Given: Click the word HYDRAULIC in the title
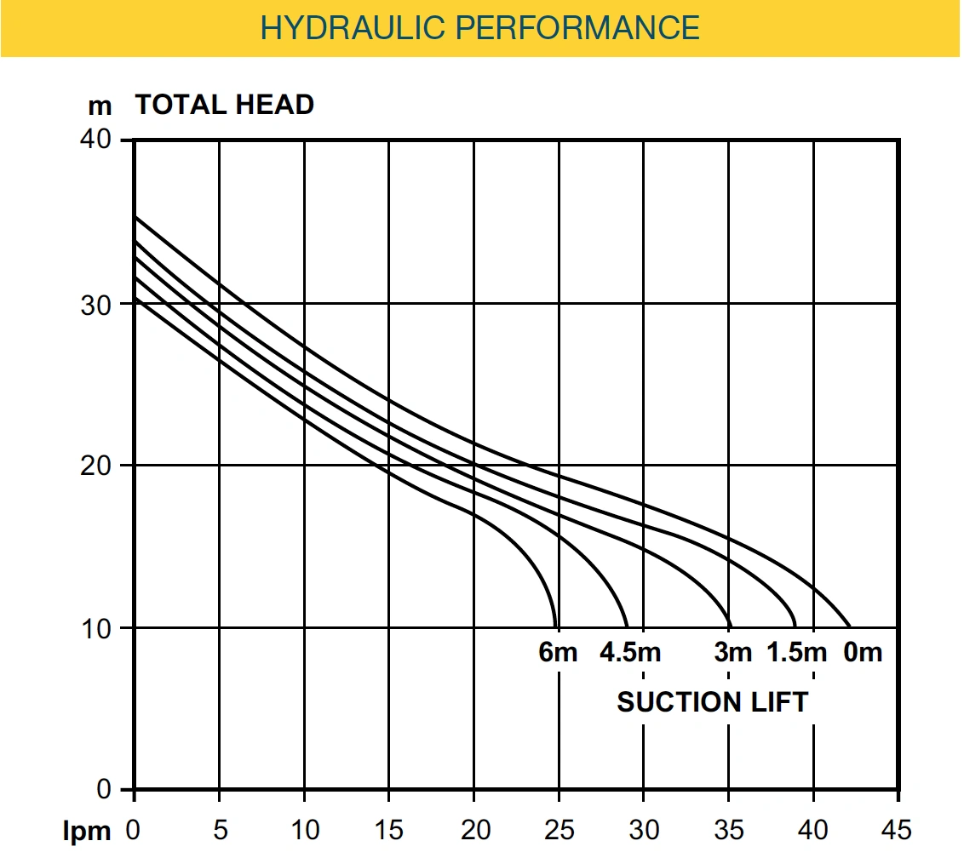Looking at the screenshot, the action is click(353, 27).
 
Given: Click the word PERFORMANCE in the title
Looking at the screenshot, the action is click(577, 27).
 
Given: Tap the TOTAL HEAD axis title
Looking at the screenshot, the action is click(225, 105).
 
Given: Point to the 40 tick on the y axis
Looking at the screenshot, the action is click(95, 139).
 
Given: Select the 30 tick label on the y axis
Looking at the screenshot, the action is click(95, 305).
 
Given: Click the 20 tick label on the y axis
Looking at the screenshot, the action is click(95, 466).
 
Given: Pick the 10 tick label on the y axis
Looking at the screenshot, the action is click(95, 629).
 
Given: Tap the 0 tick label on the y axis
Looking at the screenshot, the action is click(103, 788).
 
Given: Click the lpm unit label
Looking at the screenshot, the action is click(87, 832).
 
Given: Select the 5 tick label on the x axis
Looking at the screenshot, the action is click(220, 830).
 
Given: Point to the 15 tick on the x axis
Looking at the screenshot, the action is click(388, 830).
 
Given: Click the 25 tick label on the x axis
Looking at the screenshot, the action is click(559, 830).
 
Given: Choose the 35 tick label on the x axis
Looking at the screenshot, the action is click(728, 830).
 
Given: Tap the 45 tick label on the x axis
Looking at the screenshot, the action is click(897, 830).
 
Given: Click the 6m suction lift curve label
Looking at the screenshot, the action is click(558, 652).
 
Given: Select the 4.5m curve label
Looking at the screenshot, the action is click(630, 652).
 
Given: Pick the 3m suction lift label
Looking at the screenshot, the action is click(733, 652).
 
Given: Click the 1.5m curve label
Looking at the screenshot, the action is click(797, 652).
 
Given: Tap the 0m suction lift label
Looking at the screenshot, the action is click(863, 652).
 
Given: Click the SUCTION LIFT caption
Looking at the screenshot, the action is click(713, 702).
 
